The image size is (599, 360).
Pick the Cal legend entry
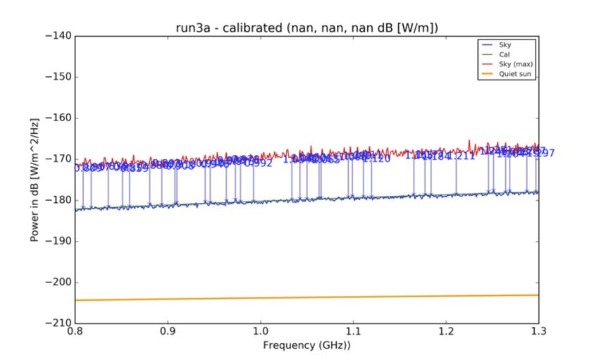click(504, 54)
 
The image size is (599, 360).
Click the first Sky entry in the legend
click(504, 44)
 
